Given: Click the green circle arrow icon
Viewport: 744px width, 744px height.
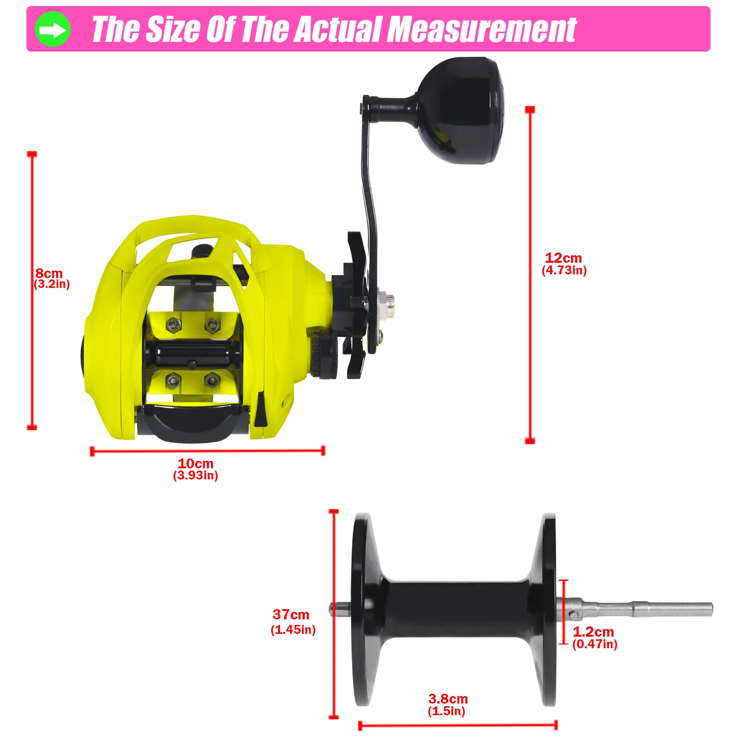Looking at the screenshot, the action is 53,29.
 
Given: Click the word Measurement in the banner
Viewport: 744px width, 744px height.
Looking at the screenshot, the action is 482,29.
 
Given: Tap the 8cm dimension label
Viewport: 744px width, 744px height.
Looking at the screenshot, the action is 49,273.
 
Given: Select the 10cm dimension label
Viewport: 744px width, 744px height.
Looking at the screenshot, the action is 196,463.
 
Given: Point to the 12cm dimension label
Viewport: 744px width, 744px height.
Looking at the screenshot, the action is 563,258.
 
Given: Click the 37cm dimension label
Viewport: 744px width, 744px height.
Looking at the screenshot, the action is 291,614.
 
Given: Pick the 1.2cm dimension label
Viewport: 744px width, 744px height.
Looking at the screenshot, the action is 593,631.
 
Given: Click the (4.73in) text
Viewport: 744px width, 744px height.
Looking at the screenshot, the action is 564,270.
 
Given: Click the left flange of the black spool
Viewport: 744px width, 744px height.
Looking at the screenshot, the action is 366,609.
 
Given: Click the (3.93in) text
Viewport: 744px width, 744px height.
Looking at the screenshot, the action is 195,475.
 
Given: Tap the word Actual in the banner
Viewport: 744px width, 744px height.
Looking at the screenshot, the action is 338,29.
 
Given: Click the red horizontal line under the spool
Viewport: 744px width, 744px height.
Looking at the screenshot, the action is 458,725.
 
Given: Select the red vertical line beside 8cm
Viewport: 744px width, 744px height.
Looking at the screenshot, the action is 32,291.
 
